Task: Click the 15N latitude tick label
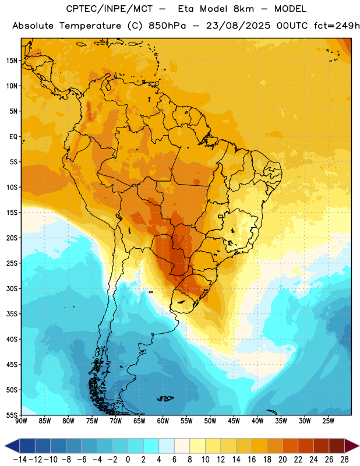click(12, 61)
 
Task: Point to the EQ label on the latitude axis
click(13, 137)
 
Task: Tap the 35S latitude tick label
click(12, 314)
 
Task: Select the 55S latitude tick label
click(12, 415)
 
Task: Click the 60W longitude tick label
click(163, 421)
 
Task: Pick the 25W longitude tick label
click(328, 421)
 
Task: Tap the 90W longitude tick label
click(21, 421)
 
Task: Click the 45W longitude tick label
click(234, 421)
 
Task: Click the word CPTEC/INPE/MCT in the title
click(110, 9)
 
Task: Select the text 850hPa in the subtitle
click(167, 26)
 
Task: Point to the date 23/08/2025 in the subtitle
click(238, 26)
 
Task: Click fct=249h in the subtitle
click(337, 26)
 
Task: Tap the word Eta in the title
click(186, 9)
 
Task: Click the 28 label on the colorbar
click(344, 460)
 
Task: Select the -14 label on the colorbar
click(20, 460)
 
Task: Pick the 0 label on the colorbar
click(128, 460)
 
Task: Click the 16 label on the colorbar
click(252, 460)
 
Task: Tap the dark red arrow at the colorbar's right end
click(351, 446)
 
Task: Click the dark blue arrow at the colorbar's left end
click(12, 446)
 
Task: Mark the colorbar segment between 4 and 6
click(167, 446)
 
